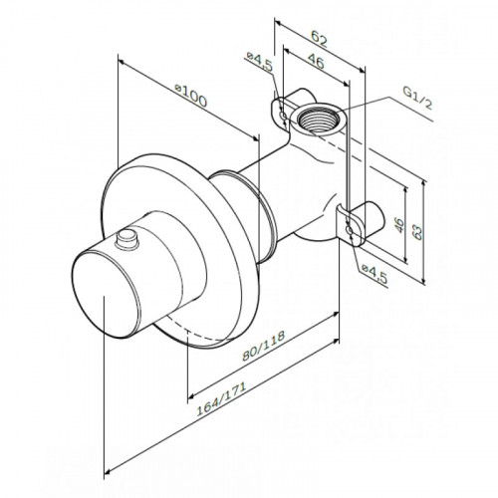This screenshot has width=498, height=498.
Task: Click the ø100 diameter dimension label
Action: [191, 96]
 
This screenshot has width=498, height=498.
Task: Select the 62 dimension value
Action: [319, 39]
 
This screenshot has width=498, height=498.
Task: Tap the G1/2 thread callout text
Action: [417, 98]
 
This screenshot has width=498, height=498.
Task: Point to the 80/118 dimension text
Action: [263, 346]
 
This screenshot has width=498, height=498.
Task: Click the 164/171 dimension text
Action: [221, 398]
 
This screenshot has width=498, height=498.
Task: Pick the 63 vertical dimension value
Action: [416, 231]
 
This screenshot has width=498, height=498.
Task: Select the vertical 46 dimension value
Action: [399, 225]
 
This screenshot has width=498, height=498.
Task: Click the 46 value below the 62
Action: [315, 61]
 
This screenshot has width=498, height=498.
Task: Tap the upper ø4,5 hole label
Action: [260, 61]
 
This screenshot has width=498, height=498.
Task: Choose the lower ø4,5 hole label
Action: [374, 273]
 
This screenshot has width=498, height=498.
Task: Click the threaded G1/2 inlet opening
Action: [317, 119]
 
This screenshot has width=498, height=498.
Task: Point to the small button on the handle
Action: [126, 239]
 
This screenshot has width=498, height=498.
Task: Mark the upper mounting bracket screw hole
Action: [283, 117]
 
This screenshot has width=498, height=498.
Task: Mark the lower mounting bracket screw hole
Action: [349, 230]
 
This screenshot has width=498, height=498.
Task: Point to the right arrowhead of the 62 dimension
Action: [362, 70]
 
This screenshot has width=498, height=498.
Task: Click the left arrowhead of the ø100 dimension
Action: [122, 62]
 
